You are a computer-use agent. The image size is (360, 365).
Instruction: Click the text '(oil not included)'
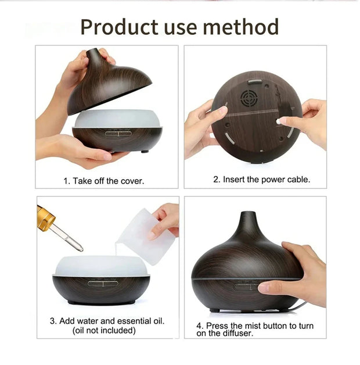(104, 330)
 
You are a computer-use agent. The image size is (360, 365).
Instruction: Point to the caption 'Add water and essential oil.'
(107, 321)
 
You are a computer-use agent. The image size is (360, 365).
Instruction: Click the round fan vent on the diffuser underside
(249, 98)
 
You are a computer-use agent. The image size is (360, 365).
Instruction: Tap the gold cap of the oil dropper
(46, 218)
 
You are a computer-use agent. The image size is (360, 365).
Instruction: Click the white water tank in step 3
(102, 265)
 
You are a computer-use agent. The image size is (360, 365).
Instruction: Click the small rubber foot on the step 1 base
(144, 152)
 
